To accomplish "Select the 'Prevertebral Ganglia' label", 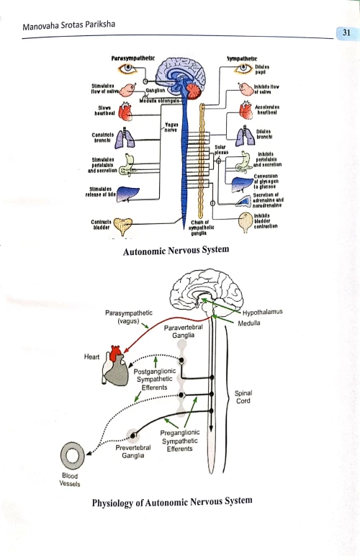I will tap(132, 452).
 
